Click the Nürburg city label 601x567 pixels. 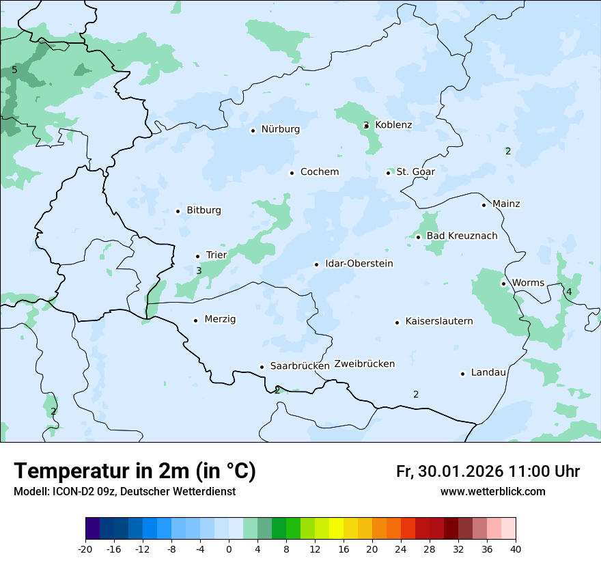coord(280,129)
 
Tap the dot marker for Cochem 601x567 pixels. coord(292,173)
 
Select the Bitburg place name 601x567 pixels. coord(204,210)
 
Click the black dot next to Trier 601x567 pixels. coord(198,256)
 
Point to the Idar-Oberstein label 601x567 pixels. coord(359,264)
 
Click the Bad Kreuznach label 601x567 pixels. coord(462,236)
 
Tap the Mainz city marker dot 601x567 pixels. coord(484,205)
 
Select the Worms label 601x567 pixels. coord(528,283)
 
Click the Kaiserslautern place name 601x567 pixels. coord(438,322)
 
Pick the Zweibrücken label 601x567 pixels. coord(364,364)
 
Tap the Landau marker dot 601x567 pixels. coord(462,374)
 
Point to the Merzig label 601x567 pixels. coord(220,320)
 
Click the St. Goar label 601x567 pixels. coord(415,172)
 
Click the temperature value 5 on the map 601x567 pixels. coord(14,70)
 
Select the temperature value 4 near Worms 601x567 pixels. coord(569,292)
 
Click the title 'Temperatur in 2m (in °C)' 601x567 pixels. coord(135,471)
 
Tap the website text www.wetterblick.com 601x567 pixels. coord(492,492)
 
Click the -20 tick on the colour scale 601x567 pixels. coord(85,549)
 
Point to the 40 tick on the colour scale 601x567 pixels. coord(515,549)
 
